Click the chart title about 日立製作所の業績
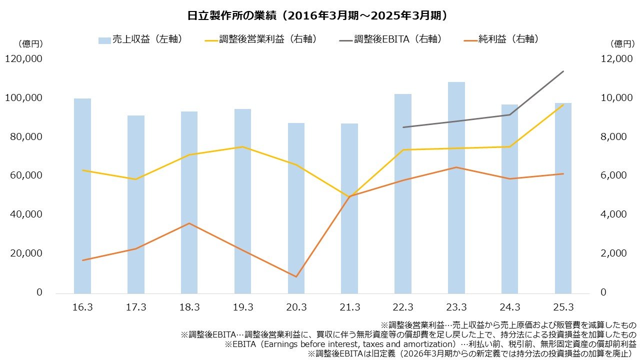click(x=317, y=15)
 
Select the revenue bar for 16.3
click(x=82, y=195)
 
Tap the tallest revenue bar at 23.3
click(x=456, y=187)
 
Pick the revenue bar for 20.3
click(x=296, y=207)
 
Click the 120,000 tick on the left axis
click(x=23, y=59)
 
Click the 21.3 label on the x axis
click(x=349, y=307)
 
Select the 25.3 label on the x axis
click(x=563, y=307)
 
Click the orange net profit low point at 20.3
click(x=296, y=276)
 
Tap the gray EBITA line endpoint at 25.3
click(x=563, y=71)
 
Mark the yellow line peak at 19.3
click(x=243, y=147)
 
